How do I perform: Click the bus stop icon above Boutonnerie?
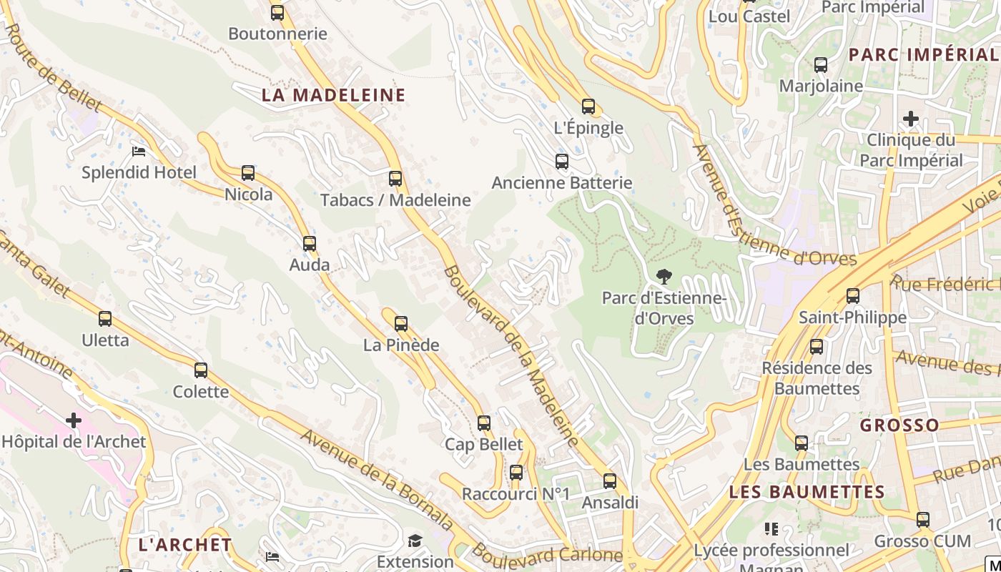click(x=277, y=12)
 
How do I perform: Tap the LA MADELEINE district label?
click(x=333, y=95)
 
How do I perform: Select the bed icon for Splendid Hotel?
click(x=139, y=152)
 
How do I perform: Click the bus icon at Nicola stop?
click(x=248, y=173)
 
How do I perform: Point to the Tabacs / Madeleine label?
click(x=395, y=200)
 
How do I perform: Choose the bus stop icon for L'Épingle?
click(x=588, y=107)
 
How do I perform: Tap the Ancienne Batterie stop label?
click(x=562, y=182)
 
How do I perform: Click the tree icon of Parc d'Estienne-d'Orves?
click(x=664, y=277)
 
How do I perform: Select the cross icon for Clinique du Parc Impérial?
click(x=911, y=118)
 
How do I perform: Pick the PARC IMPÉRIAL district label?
click(x=922, y=54)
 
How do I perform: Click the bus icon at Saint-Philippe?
click(x=852, y=295)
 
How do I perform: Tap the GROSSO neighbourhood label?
click(x=899, y=425)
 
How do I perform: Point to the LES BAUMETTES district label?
click(x=807, y=492)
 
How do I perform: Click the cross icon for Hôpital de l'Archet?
click(x=73, y=420)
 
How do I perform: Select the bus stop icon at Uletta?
click(x=105, y=319)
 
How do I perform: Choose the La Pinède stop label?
click(x=401, y=345)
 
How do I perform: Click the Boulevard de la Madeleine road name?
click(x=511, y=355)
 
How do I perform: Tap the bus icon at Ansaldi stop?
click(x=610, y=481)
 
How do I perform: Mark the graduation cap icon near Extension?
click(x=415, y=541)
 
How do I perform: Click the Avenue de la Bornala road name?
click(x=377, y=478)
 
